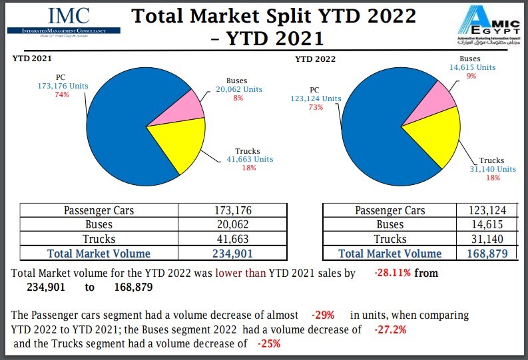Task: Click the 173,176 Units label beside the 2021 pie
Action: [64, 86]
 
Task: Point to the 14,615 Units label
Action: [473, 67]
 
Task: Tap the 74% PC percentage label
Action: [61, 95]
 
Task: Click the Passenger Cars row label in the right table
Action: [390, 211]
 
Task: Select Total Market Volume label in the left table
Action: [99, 253]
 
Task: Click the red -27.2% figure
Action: [390, 329]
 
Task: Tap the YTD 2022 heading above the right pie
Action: [315, 60]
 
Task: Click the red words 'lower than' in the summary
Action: [240, 273]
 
